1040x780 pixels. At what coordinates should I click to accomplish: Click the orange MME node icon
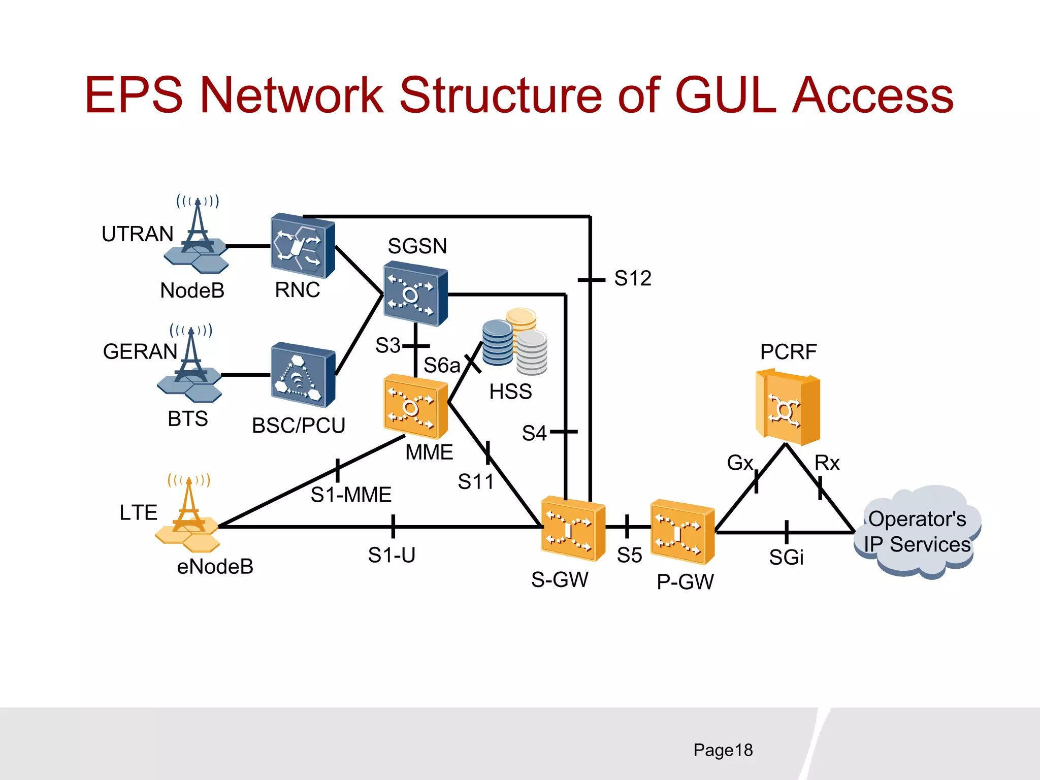tap(415, 406)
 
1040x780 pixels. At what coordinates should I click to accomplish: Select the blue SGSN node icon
tap(415, 294)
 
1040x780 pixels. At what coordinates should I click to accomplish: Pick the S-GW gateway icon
tap(573, 529)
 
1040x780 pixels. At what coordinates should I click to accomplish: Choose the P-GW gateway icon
tap(682, 531)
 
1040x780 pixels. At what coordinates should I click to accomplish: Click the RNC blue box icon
tap(302, 246)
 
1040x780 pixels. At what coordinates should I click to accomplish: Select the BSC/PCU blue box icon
tap(303, 375)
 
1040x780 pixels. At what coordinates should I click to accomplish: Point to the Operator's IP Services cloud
tap(917, 532)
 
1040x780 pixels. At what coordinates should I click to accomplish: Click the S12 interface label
tap(632, 278)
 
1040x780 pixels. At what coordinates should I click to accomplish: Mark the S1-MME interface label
tap(351, 495)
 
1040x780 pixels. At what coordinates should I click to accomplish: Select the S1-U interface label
tap(392, 555)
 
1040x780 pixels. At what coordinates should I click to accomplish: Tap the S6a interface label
tap(441, 365)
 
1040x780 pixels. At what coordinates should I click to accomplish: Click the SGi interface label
tap(786, 558)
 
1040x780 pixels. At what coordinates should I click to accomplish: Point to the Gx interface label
tap(739, 463)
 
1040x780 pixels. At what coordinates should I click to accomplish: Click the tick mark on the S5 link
tap(627, 527)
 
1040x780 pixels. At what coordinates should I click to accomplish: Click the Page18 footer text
tap(723, 750)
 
